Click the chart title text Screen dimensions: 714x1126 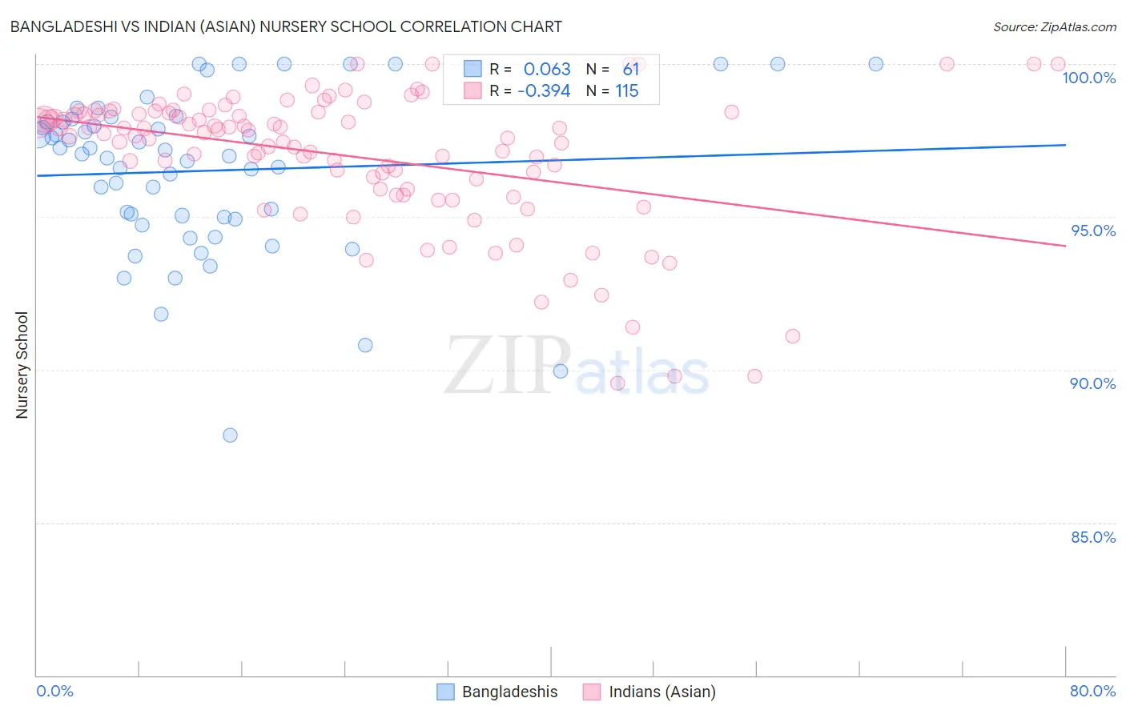[286, 26]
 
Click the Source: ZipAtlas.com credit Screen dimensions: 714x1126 [1054, 26]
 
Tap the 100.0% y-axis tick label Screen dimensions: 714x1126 [1088, 78]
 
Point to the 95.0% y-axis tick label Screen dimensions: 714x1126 [1093, 231]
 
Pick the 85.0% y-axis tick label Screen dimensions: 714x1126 [1093, 537]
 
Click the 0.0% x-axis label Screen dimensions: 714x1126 [54, 691]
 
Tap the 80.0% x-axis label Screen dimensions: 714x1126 [1092, 691]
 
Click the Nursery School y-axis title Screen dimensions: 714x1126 [22, 365]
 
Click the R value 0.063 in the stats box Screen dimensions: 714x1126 [547, 70]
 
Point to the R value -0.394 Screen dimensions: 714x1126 [544, 91]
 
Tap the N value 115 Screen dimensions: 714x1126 [626, 91]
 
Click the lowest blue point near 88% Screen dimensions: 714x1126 [230, 435]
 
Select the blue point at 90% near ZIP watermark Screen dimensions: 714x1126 [561, 371]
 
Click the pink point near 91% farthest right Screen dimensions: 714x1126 [793, 336]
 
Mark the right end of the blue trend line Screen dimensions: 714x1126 [1065, 145]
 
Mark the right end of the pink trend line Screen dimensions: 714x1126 [1065, 246]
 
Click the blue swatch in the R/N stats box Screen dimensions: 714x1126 [473, 70]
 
